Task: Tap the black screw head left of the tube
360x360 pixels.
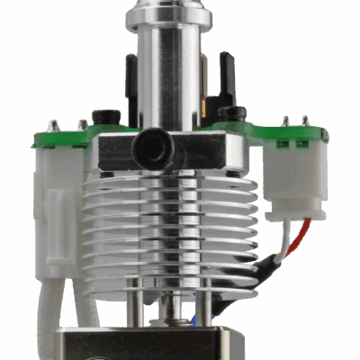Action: (107, 116)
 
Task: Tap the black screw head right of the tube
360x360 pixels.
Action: (236, 113)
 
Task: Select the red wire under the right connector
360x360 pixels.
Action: (308, 229)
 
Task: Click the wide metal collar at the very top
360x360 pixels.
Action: (169, 15)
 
